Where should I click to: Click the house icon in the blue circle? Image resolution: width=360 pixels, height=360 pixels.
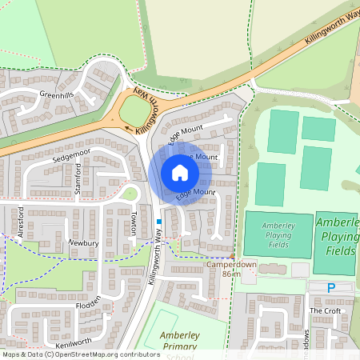point(180,173)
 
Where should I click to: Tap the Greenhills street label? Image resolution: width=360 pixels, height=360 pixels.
point(57,94)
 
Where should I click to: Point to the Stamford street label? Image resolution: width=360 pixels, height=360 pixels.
point(78,178)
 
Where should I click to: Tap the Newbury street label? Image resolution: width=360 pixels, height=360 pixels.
point(82,242)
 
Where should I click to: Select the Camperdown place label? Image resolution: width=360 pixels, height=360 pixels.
point(231,264)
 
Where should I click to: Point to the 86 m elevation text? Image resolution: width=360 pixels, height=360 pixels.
point(231,274)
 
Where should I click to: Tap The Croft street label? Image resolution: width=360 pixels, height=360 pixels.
point(325,310)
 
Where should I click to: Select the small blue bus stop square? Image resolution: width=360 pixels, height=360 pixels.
point(159,221)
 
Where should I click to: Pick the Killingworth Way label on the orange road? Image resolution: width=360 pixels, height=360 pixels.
point(328,30)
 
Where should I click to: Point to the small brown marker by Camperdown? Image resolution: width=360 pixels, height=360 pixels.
point(233,254)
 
